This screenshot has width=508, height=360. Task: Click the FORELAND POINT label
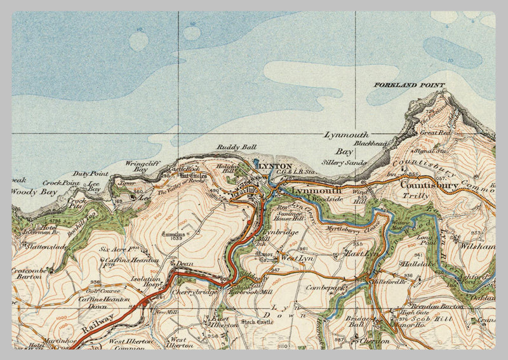(409, 85)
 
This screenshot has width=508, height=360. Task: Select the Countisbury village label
(429, 185)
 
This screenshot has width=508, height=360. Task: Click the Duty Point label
(90, 173)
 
